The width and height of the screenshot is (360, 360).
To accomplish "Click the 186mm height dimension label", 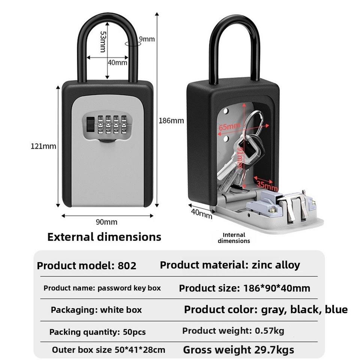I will tap(171, 121).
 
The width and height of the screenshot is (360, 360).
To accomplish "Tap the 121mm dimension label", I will tap(43, 146).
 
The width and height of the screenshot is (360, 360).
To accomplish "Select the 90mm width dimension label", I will tap(106, 222).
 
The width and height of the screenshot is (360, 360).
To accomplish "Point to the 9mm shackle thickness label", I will tap(147, 39).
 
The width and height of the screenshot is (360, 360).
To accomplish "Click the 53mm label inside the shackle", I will tap(102, 42).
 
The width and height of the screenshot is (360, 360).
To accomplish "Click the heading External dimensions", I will tap(104, 237).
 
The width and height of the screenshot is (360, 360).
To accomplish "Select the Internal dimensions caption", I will tap(234, 238).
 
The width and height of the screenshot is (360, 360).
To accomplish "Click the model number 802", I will tap(127, 266).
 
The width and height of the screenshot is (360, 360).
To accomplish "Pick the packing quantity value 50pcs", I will tap(134, 332).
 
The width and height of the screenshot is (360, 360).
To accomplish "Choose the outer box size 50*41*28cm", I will tap(139, 350).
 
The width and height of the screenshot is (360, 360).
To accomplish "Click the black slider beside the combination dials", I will tap(90, 124).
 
